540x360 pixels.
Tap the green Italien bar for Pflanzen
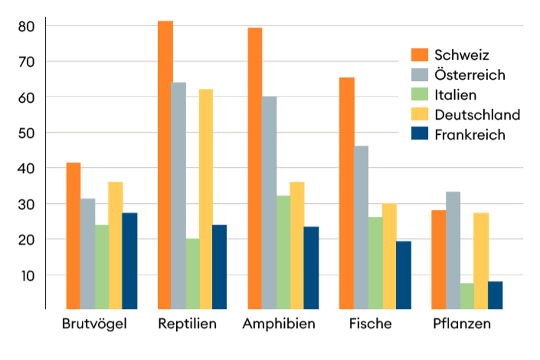click(x=467, y=296)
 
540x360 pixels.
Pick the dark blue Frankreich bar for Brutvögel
click(x=130, y=261)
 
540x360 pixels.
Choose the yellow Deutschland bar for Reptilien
click(x=206, y=199)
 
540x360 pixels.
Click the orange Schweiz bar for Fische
click(x=347, y=193)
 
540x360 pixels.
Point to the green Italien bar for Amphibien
click(x=283, y=252)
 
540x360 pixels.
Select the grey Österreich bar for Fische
click(x=361, y=227)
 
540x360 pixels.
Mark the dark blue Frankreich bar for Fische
click(x=403, y=275)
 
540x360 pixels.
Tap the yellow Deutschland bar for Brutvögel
click(x=115, y=245)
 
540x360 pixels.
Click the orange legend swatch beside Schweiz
click(x=420, y=55)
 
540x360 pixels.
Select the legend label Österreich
click(x=469, y=75)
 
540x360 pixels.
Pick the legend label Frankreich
click(x=469, y=135)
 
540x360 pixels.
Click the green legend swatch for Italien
click(x=420, y=95)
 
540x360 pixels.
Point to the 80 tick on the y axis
click(x=26, y=27)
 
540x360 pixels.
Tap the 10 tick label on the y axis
click(x=27, y=275)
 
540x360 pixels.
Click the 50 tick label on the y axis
click(x=26, y=134)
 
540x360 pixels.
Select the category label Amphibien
click(x=278, y=323)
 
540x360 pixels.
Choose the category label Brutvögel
click(x=94, y=323)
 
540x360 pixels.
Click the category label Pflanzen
click(x=462, y=323)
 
